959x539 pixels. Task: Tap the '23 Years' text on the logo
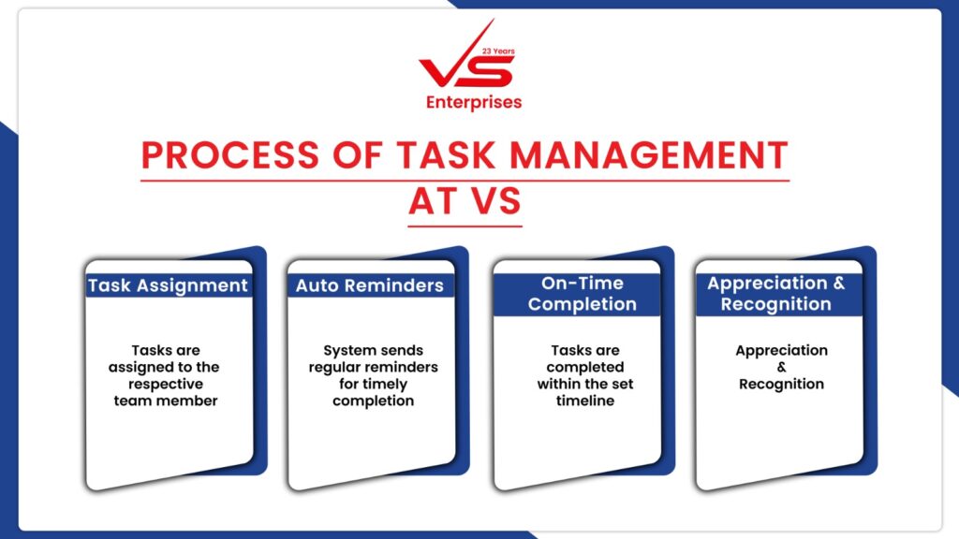point(498,51)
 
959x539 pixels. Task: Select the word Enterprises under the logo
point(474,103)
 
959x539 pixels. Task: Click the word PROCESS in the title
point(230,155)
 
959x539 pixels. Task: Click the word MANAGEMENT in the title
point(649,155)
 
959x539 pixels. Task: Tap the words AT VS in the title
point(465,201)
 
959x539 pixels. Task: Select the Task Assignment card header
point(169,285)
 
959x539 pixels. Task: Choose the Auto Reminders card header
point(370,285)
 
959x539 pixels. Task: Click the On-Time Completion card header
point(583,293)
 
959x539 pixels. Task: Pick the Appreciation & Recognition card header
point(776,293)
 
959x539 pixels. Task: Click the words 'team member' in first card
point(166,401)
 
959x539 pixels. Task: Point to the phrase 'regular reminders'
point(373,367)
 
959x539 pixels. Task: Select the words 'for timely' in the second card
point(373,385)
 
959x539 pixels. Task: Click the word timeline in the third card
point(585,401)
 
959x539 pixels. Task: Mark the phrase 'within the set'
point(585,385)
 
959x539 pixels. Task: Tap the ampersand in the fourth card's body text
point(782,367)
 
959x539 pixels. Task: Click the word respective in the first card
point(166,385)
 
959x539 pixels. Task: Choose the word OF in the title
point(357,155)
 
